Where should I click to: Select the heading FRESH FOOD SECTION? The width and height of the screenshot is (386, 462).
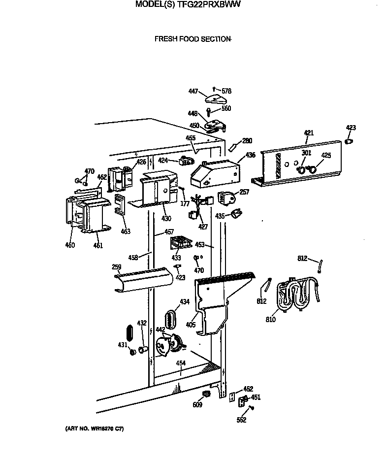tap(193, 39)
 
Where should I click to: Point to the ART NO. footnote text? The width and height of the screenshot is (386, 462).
tap(94, 429)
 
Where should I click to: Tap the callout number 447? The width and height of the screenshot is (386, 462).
tap(194, 91)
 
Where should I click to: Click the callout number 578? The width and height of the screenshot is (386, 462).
tap(226, 91)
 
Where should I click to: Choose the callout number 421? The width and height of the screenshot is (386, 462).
tap(309, 133)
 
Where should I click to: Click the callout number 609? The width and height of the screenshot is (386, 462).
tap(197, 405)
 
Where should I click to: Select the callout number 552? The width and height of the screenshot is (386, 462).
tap(241, 420)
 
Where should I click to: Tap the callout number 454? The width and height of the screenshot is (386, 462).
tap(181, 363)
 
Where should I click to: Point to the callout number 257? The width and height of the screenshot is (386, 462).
tap(244, 192)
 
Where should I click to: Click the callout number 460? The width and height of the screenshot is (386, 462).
tap(70, 245)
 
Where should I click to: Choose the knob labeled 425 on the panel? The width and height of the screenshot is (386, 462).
tap(312, 169)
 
